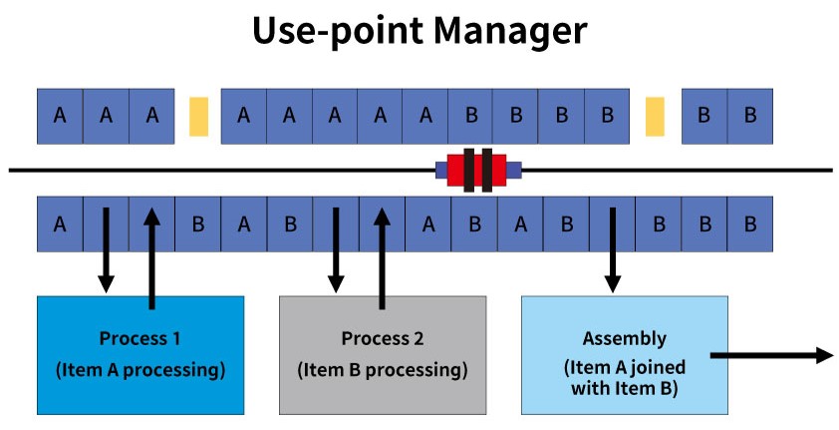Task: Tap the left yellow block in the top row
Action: pos(198,116)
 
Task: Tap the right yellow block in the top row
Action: pos(655,116)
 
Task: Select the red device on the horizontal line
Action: pos(478,170)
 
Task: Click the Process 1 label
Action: pos(140,338)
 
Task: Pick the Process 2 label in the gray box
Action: pos(383,338)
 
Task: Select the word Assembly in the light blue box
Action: pos(625,338)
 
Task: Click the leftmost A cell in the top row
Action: pos(60,115)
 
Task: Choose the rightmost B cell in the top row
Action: pos(749,115)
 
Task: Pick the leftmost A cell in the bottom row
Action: pos(60,223)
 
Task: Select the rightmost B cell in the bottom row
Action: pos(749,223)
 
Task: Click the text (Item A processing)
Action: pos(140,370)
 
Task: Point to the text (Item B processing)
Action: pos(383,370)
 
